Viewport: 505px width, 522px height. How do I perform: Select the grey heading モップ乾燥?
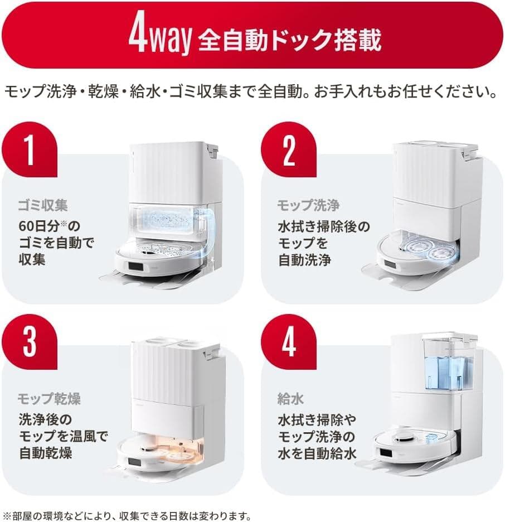50,399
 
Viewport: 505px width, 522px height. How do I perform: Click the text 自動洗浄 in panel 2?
305,260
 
